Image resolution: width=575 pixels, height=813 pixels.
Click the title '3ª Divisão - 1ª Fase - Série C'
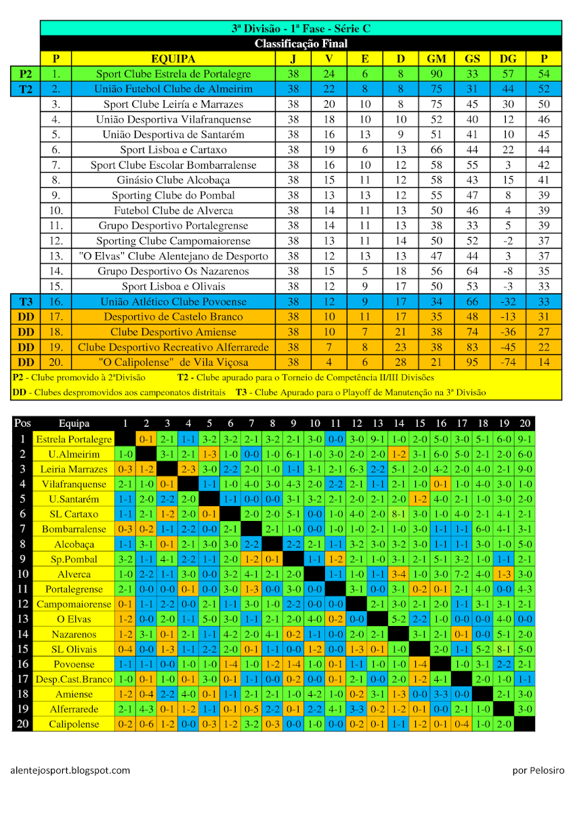click(x=301, y=28)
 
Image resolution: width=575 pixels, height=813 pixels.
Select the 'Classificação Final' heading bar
click(x=301, y=43)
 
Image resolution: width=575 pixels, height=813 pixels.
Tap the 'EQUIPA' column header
click(x=173, y=59)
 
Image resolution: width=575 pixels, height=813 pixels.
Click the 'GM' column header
click(x=436, y=59)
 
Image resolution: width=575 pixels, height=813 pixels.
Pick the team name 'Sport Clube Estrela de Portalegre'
click(x=173, y=74)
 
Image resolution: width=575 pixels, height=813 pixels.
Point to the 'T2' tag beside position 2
click(x=26, y=89)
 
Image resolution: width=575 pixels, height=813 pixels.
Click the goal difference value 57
click(x=507, y=74)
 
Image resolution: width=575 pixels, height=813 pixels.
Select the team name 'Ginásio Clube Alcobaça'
click(x=173, y=180)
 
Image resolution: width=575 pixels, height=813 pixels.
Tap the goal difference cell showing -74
click(x=507, y=362)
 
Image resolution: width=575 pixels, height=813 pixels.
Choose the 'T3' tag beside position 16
click(x=26, y=301)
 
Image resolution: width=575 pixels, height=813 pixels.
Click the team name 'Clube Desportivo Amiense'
click(x=173, y=332)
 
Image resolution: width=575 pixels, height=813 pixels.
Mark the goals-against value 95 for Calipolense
click(x=472, y=362)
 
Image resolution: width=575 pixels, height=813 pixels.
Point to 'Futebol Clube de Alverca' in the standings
click(x=173, y=211)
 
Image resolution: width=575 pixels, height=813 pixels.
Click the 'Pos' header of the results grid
click(x=22, y=423)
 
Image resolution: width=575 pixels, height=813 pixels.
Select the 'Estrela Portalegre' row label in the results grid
click(x=74, y=439)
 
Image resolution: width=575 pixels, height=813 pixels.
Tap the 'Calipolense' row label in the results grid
click(x=74, y=724)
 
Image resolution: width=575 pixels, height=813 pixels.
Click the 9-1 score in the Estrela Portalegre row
click(x=524, y=439)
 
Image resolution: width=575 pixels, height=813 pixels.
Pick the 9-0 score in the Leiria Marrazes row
click(x=524, y=469)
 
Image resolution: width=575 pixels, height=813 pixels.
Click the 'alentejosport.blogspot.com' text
click(x=70, y=770)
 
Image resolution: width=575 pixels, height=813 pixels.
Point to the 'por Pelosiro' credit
click(x=538, y=770)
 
